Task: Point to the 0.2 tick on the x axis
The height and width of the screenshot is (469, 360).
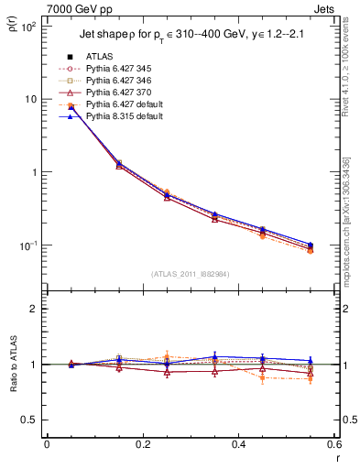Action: point(142,445)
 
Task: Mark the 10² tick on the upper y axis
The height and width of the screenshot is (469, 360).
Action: point(27,27)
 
